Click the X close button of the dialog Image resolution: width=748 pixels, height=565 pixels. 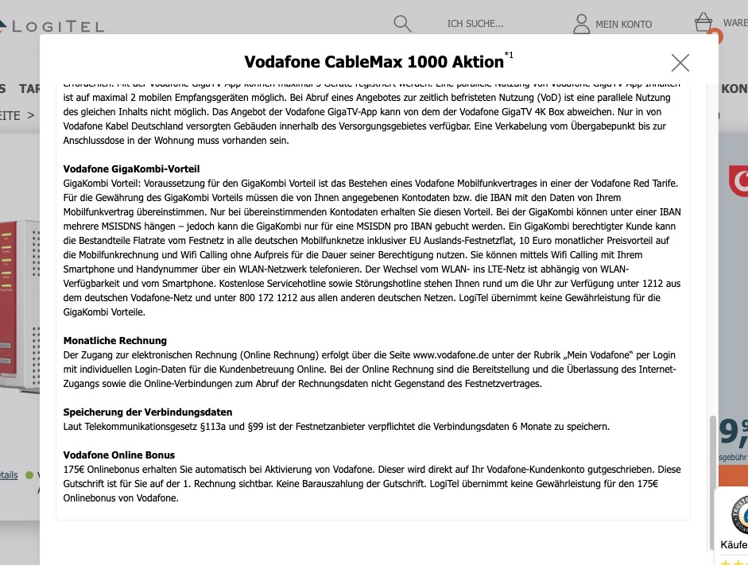(680, 63)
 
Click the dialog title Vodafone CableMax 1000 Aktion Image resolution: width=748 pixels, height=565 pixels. (374, 62)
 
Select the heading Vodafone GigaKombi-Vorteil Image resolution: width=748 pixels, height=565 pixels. (131, 169)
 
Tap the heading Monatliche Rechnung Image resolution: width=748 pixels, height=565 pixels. (115, 340)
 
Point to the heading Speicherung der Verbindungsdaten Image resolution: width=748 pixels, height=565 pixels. (148, 412)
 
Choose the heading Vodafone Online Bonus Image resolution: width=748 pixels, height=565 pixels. (119, 455)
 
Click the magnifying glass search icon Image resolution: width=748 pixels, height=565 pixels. (403, 23)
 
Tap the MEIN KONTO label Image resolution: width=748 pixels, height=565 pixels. (623, 25)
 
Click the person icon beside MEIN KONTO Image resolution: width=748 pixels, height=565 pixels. (582, 24)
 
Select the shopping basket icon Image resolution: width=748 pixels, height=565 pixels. (703, 21)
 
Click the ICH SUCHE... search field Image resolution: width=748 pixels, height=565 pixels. (475, 24)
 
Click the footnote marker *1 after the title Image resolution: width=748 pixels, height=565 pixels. (509, 56)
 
